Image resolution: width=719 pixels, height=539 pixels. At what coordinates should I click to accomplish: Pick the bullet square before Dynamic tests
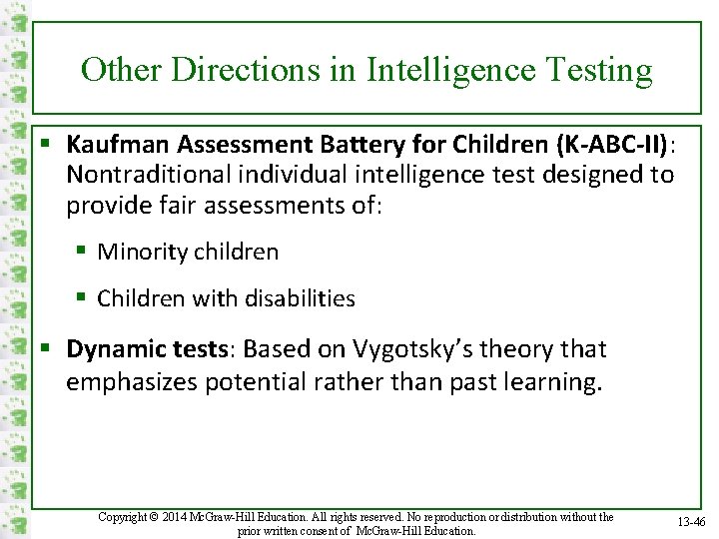click(47, 349)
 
